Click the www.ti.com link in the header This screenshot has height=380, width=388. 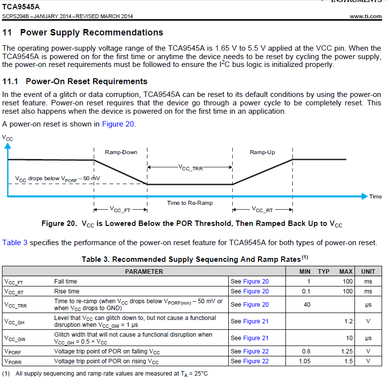[365, 16]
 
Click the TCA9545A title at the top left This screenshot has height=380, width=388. [21, 7]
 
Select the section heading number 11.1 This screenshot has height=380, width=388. [11, 81]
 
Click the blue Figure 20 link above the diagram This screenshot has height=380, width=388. [118, 124]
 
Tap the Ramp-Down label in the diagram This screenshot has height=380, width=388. [121, 152]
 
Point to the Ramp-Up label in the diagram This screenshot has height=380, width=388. [262, 152]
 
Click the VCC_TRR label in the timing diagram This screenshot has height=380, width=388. [190, 168]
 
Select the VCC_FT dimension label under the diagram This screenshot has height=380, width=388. [121, 209]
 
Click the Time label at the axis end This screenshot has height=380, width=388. [375, 196]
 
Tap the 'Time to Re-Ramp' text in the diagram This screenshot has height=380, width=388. [190, 203]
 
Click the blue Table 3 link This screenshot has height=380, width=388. [12, 243]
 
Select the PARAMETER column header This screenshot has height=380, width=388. [144, 271]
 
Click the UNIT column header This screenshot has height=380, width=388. [368, 271]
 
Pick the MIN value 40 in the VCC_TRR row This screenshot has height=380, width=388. [307, 305]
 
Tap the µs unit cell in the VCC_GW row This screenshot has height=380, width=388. [368, 338]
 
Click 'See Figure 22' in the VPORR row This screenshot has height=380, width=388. [249, 361]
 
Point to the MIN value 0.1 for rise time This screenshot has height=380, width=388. [307, 291]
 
